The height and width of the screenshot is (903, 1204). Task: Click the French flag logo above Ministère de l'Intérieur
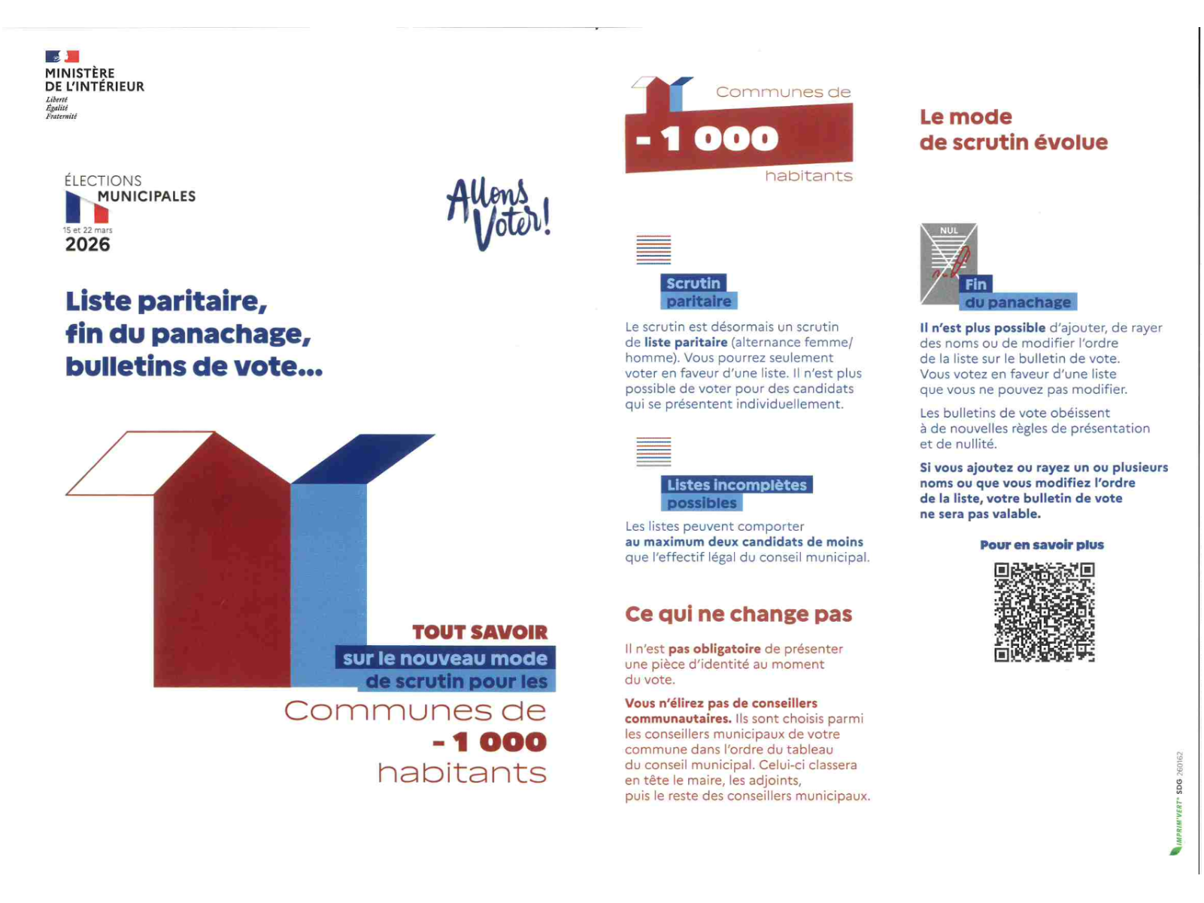point(62,56)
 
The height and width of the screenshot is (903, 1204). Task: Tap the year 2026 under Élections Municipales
point(87,244)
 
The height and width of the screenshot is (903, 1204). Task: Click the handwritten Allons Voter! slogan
point(498,214)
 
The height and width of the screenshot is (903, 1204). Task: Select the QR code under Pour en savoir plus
point(1044,612)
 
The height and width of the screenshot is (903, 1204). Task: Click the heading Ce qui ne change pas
point(738,614)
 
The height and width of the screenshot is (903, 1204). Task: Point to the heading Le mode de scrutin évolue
point(1013,129)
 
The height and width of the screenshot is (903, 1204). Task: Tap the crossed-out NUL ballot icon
point(948,263)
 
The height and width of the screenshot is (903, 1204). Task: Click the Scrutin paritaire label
point(697,292)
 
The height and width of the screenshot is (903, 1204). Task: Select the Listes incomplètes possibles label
point(735,493)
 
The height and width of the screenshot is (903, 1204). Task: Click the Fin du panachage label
point(1017,294)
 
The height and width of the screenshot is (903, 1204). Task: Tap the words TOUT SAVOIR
point(480,632)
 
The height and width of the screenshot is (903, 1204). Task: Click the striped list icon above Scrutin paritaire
point(654,250)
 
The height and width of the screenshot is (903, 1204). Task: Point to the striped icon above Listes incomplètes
point(654,451)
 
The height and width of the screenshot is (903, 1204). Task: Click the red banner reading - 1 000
point(738,138)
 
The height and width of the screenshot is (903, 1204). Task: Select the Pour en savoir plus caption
point(1042,545)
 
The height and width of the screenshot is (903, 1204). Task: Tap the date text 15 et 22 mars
point(87,230)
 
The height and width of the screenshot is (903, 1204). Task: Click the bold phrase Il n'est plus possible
point(982,328)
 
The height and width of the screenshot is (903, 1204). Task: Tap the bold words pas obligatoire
point(714,649)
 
